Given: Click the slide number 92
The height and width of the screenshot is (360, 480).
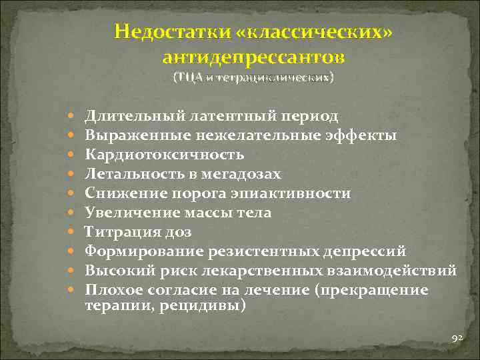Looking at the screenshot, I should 457,339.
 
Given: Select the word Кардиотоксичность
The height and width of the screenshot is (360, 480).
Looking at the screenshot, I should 164,155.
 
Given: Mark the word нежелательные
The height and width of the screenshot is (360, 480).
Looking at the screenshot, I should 256,135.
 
